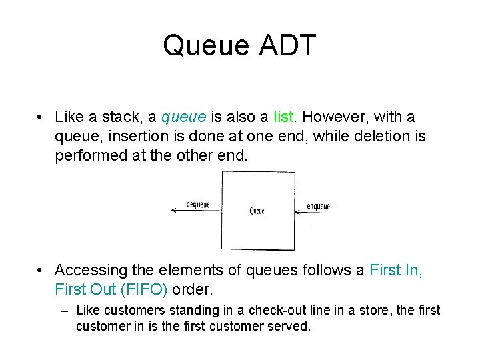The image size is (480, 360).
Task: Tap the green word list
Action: click(x=284, y=117)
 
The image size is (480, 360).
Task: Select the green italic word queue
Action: click(x=184, y=118)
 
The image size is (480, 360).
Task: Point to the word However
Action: click(x=336, y=117)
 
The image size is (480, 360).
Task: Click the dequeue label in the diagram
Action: click(x=198, y=205)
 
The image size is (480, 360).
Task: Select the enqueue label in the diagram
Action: click(x=318, y=206)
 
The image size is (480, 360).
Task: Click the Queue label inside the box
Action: click(x=257, y=211)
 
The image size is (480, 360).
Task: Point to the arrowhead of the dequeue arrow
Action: click(x=173, y=211)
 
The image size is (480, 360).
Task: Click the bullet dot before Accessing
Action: click(x=41, y=270)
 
